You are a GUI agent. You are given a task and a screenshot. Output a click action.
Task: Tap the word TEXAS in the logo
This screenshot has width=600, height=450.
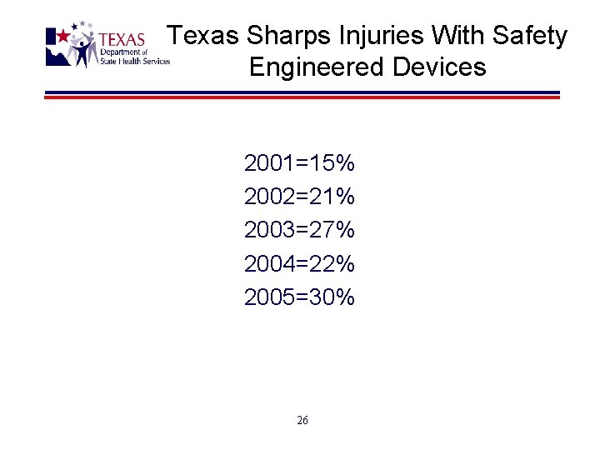pyautogui.click(x=122, y=40)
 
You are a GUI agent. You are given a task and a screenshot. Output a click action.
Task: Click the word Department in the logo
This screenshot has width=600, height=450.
pyautogui.click(x=116, y=52)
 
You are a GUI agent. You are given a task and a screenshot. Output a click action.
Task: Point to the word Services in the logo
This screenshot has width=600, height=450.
pyautogui.click(x=155, y=61)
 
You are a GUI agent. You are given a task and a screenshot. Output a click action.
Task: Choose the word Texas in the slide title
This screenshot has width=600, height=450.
pyautogui.click(x=203, y=36)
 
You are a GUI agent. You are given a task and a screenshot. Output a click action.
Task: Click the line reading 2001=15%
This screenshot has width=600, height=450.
pyautogui.click(x=299, y=163)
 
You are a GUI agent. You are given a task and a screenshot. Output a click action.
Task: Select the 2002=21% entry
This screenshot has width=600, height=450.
pyautogui.click(x=299, y=197)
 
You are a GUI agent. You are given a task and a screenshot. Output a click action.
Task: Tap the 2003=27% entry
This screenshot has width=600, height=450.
pyautogui.click(x=299, y=230)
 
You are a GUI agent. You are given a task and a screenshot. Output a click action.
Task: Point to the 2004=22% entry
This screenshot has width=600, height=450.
pyautogui.click(x=299, y=263)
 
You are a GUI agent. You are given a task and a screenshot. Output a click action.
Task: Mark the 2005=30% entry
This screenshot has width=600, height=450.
pyautogui.click(x=299, y=297)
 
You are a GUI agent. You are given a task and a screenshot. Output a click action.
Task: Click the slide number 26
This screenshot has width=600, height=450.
pyautogui.click(x=302, y=421)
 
